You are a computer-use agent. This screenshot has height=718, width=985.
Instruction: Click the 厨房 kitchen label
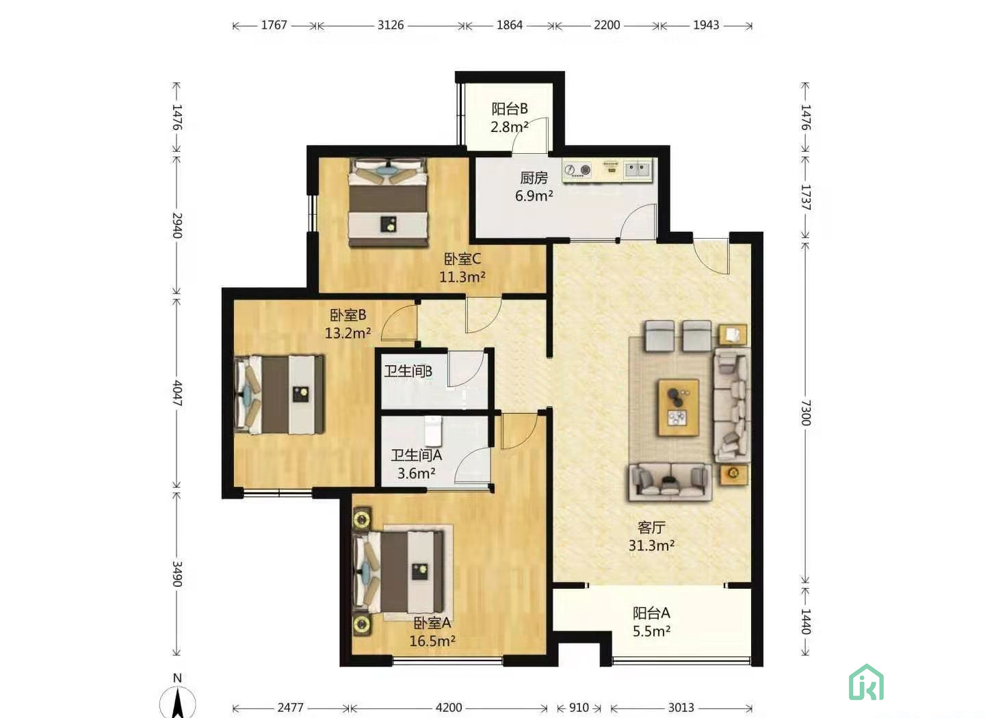(534, 178)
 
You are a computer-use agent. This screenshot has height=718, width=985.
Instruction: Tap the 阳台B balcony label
(510, 108)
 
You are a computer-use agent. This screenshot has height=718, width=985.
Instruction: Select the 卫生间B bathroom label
(408, 371)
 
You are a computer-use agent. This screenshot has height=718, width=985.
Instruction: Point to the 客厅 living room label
(651, 527)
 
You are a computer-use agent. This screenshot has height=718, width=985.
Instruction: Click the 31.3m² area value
(651, 545)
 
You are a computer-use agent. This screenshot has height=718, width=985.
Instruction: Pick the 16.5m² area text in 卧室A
(432, 641)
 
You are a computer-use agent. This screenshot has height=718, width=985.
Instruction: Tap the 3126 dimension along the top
(391, 25)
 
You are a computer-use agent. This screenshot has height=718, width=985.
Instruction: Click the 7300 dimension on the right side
(804, 413)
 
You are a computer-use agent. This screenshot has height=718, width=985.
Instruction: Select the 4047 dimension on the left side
(176, 393)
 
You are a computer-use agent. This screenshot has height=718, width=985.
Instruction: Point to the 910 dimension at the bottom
(579, 708)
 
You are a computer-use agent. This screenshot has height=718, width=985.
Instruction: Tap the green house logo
(866, 682)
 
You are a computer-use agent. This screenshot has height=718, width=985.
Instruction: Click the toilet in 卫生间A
(433, 431)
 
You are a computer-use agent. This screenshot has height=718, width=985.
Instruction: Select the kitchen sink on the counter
(638, 170)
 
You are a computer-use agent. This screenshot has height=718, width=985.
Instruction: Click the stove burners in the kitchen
(578, 170)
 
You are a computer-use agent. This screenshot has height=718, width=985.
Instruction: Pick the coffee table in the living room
(679, 408)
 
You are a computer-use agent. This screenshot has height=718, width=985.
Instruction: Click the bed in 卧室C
(389, 202)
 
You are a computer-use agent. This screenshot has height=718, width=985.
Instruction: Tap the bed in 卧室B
(279, 395)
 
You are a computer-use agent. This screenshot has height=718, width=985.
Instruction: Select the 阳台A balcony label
(651, 613)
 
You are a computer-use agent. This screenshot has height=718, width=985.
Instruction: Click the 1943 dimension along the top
(706, 25)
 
